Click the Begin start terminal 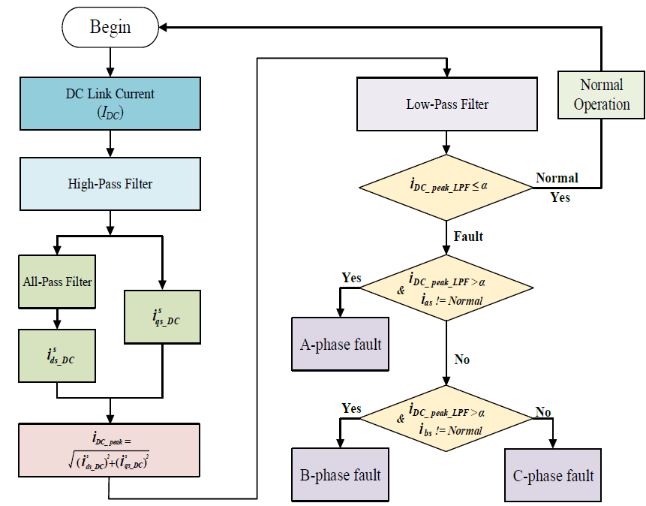pos(110,28)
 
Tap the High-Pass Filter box pos(110,183)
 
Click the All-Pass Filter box pos(57,282)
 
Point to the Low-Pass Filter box pos(446,104)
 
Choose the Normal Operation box pos(601,95)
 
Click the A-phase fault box pos(341,345)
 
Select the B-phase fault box pos(341,474)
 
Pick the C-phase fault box pos(553,475)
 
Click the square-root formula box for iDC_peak pos(110,450)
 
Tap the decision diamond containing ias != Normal pos(446,288)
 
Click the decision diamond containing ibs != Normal pos(446,419)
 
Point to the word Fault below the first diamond pos(468,236)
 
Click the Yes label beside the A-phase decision pos(351,279)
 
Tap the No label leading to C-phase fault pos(543,412)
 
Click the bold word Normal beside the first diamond pos(557,178)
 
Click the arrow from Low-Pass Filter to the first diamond pos(446,142)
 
